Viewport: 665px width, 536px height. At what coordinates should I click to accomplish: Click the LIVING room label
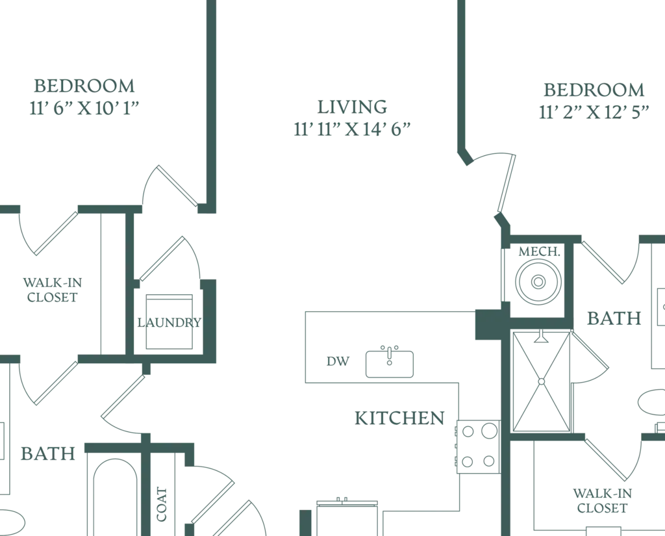point(352,107)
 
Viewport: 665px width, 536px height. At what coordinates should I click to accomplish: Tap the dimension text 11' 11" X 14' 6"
point(352,129)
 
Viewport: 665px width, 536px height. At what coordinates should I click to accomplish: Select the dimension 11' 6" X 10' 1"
point(84,108)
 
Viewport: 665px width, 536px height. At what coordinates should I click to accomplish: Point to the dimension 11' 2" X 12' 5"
point(594,112)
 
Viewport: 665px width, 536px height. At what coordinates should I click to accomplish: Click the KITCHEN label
point(399,418)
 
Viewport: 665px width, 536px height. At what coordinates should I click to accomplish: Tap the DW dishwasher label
point(338,361)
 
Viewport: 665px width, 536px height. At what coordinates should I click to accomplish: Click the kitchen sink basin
point(390,364)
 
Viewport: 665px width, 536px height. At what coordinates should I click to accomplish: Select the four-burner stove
point(478,446)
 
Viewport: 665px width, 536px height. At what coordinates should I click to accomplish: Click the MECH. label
point(539,251)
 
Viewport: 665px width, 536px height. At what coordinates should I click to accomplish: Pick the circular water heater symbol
point(538,281)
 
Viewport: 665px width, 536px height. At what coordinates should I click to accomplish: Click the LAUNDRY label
point(169,322)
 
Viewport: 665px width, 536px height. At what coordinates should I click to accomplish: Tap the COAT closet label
point(162,504)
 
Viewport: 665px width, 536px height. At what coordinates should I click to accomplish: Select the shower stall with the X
point(541,381)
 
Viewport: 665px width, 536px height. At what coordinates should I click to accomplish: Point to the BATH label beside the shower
point(614,318)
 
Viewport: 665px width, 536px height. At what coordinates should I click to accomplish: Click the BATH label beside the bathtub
point(48,453)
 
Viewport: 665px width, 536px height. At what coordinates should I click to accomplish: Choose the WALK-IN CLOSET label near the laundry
point(52,290)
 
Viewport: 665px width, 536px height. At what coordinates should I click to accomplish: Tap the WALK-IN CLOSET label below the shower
point(602,500)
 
